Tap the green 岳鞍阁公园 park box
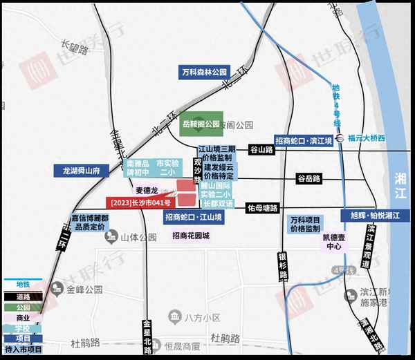pos(202,125)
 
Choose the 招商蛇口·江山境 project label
pos(194,217)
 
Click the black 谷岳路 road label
pos(308,178)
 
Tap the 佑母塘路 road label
pos(262,207)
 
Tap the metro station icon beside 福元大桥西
pos(340,138)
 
